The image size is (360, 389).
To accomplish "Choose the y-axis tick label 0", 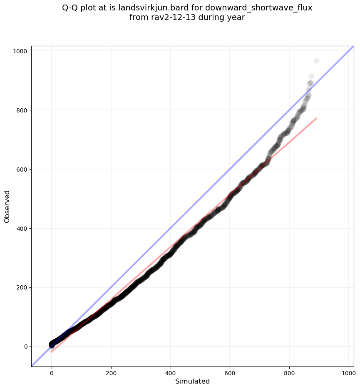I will tap(25, 347).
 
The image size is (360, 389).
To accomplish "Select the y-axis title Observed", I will tap(7, 206).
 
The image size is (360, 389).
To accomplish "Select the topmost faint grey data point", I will tap(316, 61).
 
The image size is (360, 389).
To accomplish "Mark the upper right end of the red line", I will tap(317, 118).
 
